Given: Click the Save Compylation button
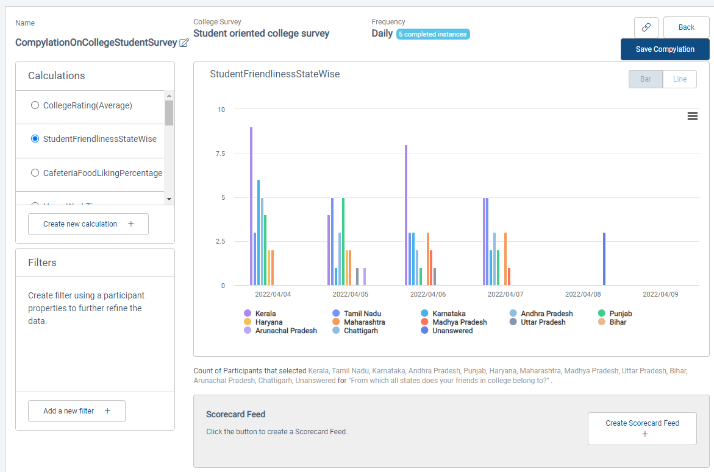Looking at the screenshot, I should [665, 49].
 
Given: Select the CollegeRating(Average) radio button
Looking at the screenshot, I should [35, 105].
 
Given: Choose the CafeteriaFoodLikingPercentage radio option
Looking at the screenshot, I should [35, 173].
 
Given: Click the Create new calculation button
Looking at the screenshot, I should [88, 224].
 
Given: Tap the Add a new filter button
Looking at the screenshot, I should [76, 411].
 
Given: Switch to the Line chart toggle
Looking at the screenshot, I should [679, 79].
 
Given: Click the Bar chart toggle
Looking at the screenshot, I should [646, 79].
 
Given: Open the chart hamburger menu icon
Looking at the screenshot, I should [692, 116].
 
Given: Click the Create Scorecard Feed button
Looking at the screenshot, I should [642, 428].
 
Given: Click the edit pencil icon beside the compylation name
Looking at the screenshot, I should [184, 43].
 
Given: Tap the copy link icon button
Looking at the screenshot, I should [646, 27].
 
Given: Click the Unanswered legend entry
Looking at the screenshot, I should [452, 331].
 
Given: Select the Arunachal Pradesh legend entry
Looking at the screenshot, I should [285, 331].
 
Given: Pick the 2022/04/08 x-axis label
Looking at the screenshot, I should [583, 294].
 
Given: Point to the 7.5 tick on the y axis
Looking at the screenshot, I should [219, 153].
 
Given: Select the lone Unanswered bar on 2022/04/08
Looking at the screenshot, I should [604, 259].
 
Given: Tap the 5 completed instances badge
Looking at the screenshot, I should [433, 34].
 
